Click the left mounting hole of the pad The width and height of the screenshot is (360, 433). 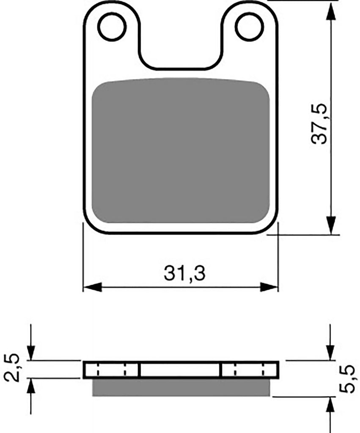pyautogui.click(x=112, y=27)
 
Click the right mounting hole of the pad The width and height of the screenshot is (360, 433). pyautogui.click(x=249, y=27)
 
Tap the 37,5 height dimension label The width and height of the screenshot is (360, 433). pyautogui.click(x=319, y=123)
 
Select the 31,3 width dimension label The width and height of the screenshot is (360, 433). pyautogui.click(x=184, y=273)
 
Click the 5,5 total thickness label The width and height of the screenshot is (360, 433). pyautogui.click(x=346, y=378)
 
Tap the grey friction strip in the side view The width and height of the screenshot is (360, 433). pyautogui.click(x=181, y=387)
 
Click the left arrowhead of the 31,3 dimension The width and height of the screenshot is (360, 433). pyautogui.click(x=93, y=287)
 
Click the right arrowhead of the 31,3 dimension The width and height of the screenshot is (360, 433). pyautogui.click(x=269, y=287)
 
